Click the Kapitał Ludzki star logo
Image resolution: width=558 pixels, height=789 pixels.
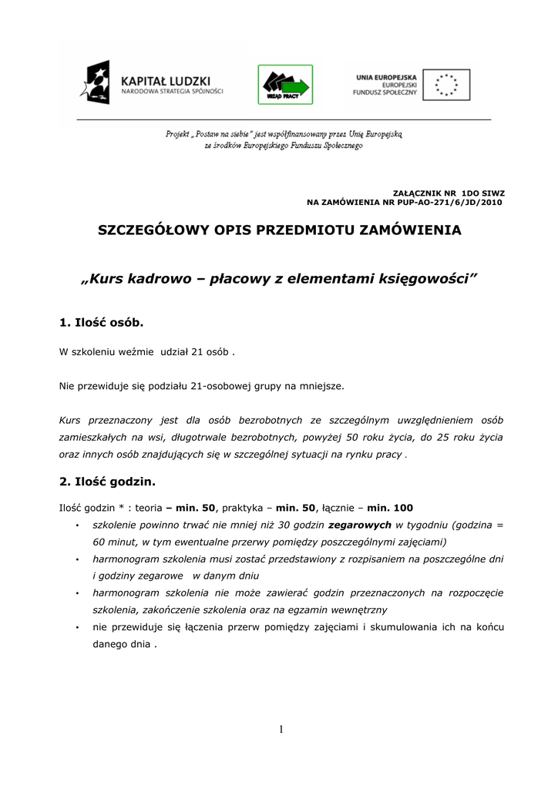point(98,83)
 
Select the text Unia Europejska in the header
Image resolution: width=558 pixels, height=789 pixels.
point(386,77)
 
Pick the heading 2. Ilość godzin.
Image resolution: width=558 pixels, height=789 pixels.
point(107,482)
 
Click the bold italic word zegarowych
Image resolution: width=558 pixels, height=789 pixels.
point(360,525)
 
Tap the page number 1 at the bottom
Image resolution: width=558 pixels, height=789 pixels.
point(281,730)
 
